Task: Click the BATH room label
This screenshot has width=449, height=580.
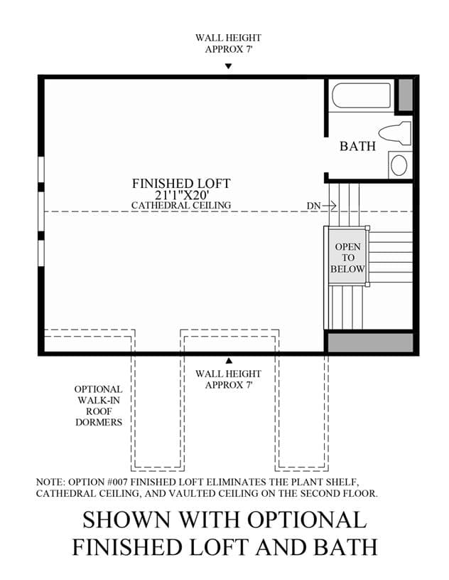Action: tap(357, 146)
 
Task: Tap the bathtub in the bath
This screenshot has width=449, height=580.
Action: tap(361, 95)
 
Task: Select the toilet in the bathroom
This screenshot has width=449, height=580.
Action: tap(395, 133)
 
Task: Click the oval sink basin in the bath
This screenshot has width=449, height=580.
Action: tap(399, 165)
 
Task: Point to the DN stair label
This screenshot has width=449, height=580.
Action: tap(313, 206)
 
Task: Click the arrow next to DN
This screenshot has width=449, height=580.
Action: tap(330, 205)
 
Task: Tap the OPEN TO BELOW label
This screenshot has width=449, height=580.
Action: tap(347, 258)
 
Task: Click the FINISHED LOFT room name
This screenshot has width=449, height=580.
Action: tap(181, 184)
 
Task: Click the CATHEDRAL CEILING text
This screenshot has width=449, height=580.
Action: tap(181, 205)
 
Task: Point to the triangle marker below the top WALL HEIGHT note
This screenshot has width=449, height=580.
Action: tap(229, 66)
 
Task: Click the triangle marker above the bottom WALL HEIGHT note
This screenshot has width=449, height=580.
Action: tap(229, 361)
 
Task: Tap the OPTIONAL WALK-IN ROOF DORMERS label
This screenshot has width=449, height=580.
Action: tap(98, 406)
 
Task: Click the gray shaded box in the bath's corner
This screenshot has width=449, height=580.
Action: tap(406, 95)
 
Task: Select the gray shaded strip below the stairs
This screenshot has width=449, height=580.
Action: tap(370, 342)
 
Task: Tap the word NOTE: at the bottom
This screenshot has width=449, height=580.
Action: tap(50, 483)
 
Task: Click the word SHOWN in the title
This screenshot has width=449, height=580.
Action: tap(126, 520)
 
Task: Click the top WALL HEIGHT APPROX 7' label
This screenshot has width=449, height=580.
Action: tap(229, 43)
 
